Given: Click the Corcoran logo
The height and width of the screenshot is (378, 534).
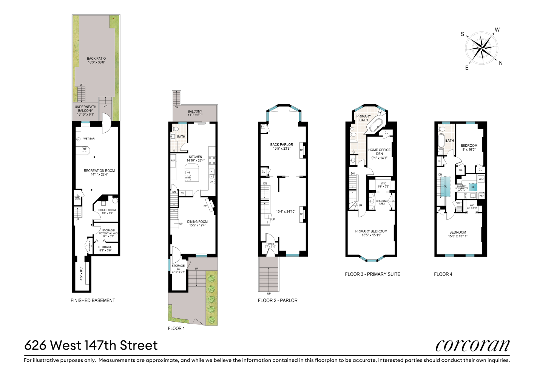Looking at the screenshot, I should pyautogui.click(x=472, y=345).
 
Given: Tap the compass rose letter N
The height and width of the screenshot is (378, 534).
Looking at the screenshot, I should pyautogui.click(x=501, y=63).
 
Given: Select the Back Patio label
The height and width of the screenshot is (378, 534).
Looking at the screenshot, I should pyautogui.click(x=96, y=60).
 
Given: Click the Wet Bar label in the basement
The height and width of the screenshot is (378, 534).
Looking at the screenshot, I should pyautogui.click(x=89, y=139).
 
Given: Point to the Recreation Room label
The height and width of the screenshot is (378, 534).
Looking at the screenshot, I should pyautogui.click(x=99, y=172).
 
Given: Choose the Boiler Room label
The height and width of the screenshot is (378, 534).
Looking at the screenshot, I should pyautogui.click(x=107, y=211).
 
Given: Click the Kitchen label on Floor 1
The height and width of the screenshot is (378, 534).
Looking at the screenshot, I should pyautogui.click(x=195, y=158).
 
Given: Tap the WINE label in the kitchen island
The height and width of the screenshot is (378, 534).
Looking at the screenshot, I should pyautogui.click(x=188, y=178).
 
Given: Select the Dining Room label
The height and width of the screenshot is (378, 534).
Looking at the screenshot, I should pyautogui.click(x=197, y=223).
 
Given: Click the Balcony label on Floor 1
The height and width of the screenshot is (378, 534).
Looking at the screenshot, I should pyautogui.click(x=195, y=113).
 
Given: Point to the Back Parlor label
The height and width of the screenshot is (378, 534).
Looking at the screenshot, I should pyautogui.click(x=281, y=146).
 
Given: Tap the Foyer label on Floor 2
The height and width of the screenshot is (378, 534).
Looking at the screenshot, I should pyautogui.click(x=270, y=245).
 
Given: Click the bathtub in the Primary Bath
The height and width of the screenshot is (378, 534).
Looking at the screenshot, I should pyautogui.click(x=376, y=125).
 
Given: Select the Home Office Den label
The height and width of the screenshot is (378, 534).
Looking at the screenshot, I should pyautogui.click(x=379, y=154).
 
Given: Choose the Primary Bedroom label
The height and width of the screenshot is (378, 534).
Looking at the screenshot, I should pyautogui.click(x=371, y=233).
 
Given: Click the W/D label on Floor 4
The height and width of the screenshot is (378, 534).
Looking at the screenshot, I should pyautogui.click(x=481, y=179).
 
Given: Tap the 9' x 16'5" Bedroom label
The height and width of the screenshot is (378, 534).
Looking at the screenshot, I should pyautogui.click(x=469, y=147).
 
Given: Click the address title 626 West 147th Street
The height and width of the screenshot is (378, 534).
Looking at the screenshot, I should pyautogui.click(x=91, y=345).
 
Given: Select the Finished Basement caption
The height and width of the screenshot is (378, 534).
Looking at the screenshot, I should pyautogui.click(x=93, y=301).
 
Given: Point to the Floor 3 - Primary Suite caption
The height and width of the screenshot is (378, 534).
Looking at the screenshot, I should pyautogui.click(x=372, y=274).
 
